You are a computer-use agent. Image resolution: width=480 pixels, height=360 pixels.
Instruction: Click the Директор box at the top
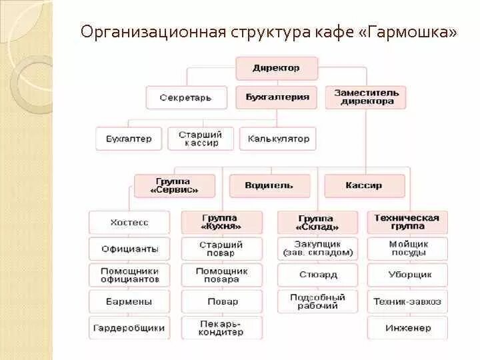[x=276, y=68]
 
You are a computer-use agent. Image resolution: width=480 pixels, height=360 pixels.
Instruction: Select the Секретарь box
[x=185, y=97]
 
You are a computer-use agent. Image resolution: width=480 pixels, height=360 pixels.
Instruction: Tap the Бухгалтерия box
[x=277, y=97]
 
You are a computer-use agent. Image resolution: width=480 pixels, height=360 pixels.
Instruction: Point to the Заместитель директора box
[x=367, y=97]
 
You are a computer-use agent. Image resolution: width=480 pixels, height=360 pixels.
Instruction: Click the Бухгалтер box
[x=129, y=139]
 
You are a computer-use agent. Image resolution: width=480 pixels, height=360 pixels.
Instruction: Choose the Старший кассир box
[x=200, y=139]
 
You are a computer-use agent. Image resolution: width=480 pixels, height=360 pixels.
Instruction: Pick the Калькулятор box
[x=278, y=139]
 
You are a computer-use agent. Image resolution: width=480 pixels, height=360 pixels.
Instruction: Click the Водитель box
[x=269, y=185]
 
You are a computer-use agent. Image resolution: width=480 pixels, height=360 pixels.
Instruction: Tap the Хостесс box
[x=129, y=222]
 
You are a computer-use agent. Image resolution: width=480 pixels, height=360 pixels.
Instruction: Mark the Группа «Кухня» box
[x=221, y=222]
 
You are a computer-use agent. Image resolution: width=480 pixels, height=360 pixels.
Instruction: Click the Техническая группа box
[x=407, y=222]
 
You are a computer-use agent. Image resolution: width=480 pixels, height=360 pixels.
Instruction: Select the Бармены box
[x=129, y=301]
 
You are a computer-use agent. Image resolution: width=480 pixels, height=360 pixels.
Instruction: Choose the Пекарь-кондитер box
[x=221, y=327]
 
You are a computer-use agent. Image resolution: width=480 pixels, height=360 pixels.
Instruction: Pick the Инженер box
[x=407, y=327]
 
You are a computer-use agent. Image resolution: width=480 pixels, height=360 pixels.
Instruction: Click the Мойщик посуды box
[x=407, y=249]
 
